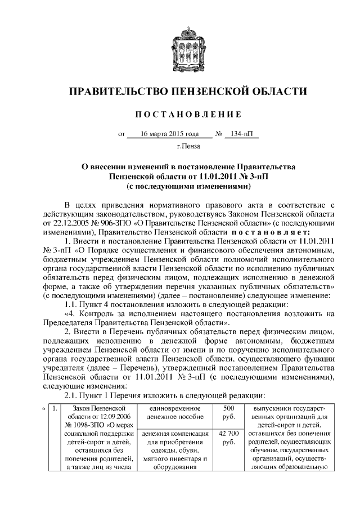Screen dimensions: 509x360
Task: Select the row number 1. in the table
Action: click(55, 407)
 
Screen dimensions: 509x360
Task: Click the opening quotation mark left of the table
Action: click(44, 407)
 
